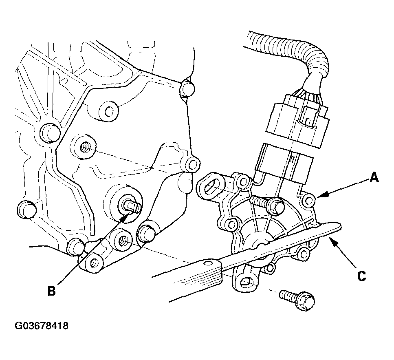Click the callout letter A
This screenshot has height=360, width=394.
click(374, 178)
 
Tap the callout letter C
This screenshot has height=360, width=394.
click(361, 276)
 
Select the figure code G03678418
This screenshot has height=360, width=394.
click(42, 326)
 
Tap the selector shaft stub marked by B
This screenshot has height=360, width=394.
click(131, 206)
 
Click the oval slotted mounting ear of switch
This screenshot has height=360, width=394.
click(211, 187)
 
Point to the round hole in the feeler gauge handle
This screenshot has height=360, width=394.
click(207, 263)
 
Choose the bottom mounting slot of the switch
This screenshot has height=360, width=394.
click(245, 282)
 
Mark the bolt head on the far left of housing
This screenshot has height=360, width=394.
click(26, 209)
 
